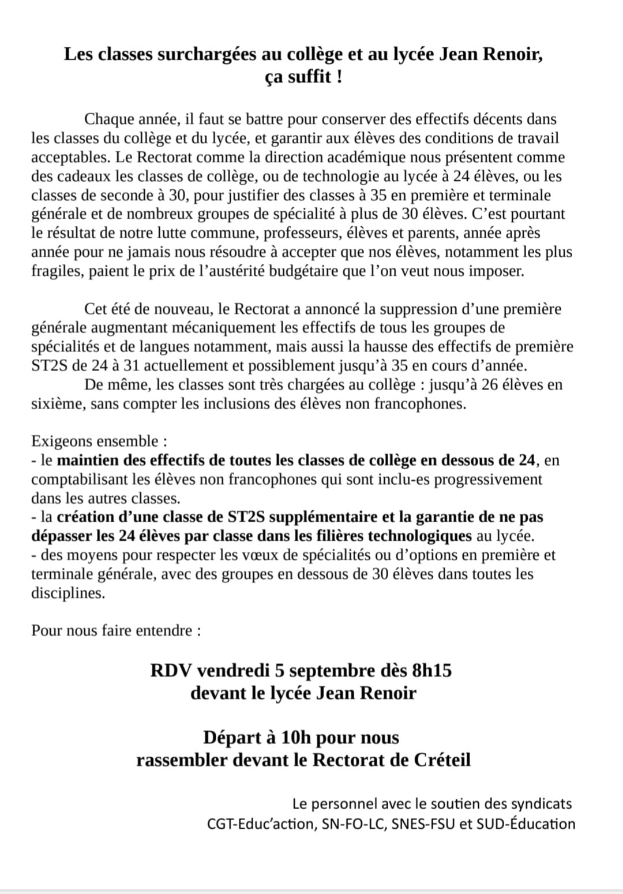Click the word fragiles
tap(57, 272)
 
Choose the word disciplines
tap(67, 593)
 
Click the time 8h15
tap(431, 671)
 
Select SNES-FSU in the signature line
tap(423, 824)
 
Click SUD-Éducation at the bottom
tap(526, 824)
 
